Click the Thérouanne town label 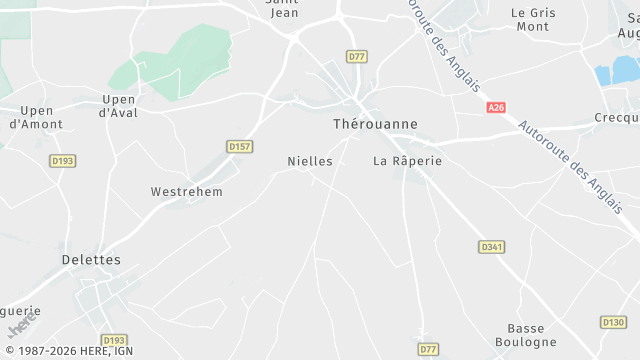point(374,124)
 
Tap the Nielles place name point(309,161)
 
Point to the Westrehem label point(186,191)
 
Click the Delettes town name point(90,260)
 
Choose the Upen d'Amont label point(35,117)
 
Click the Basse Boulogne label point(532,335)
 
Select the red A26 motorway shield point(496,107)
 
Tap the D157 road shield point(239,147)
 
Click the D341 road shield point(491,246)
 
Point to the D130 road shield point(613,322)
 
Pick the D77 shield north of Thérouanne point(357,56)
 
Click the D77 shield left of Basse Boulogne point(428,349)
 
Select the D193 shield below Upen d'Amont point(62,160)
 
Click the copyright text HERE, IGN point(71,352)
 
